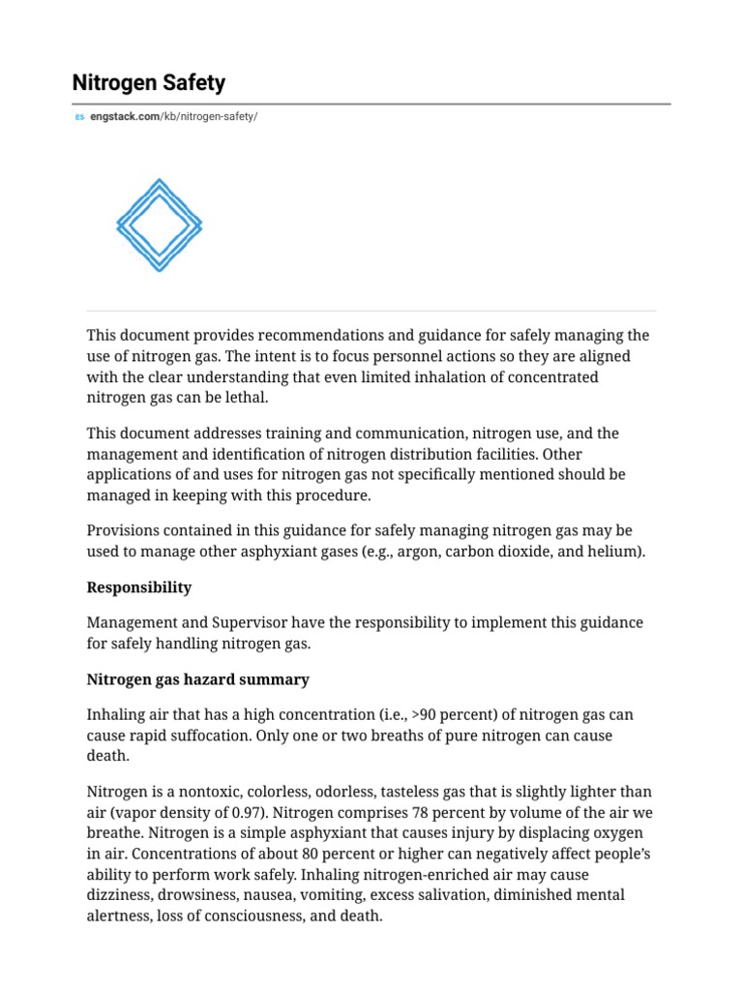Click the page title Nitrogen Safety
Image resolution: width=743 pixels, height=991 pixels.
click(x=148, y=83)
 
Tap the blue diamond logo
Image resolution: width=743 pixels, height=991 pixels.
click(x=159, y=225)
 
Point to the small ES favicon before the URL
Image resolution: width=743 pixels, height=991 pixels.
click(x=79, y=117)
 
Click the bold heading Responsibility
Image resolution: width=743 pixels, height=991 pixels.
click(x=138, y=587)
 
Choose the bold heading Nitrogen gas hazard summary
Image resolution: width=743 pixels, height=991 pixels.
click(x=197, y=679)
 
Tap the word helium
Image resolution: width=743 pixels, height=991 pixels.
click(x=614, y=552)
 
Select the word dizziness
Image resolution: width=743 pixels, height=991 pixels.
click(x=119, y=894)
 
